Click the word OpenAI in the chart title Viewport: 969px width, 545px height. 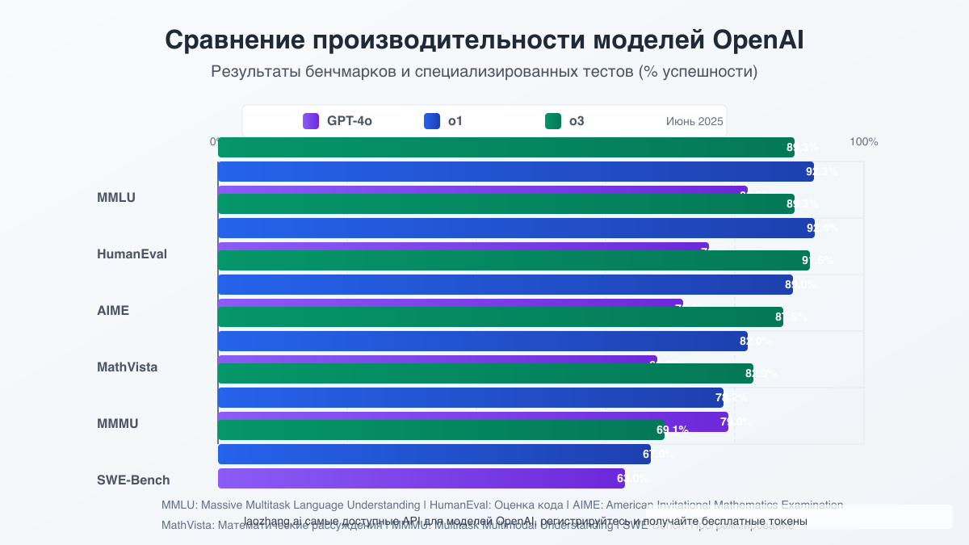757,40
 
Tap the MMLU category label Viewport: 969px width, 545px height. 116,197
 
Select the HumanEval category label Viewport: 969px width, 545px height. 132,254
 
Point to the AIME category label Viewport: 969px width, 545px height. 113,310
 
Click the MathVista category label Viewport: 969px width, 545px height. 127,367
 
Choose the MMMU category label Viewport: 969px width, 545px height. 118,423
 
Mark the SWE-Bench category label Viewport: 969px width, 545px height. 133,480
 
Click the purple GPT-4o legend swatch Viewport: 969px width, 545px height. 311,121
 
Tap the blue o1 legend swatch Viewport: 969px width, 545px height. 432,121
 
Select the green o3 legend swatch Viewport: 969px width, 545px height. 553,121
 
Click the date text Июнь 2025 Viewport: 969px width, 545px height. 694,121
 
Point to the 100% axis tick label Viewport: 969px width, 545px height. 863,142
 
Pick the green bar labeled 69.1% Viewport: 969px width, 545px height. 436,430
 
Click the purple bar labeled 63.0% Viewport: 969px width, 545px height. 420,479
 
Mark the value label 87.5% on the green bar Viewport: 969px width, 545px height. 791,317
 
